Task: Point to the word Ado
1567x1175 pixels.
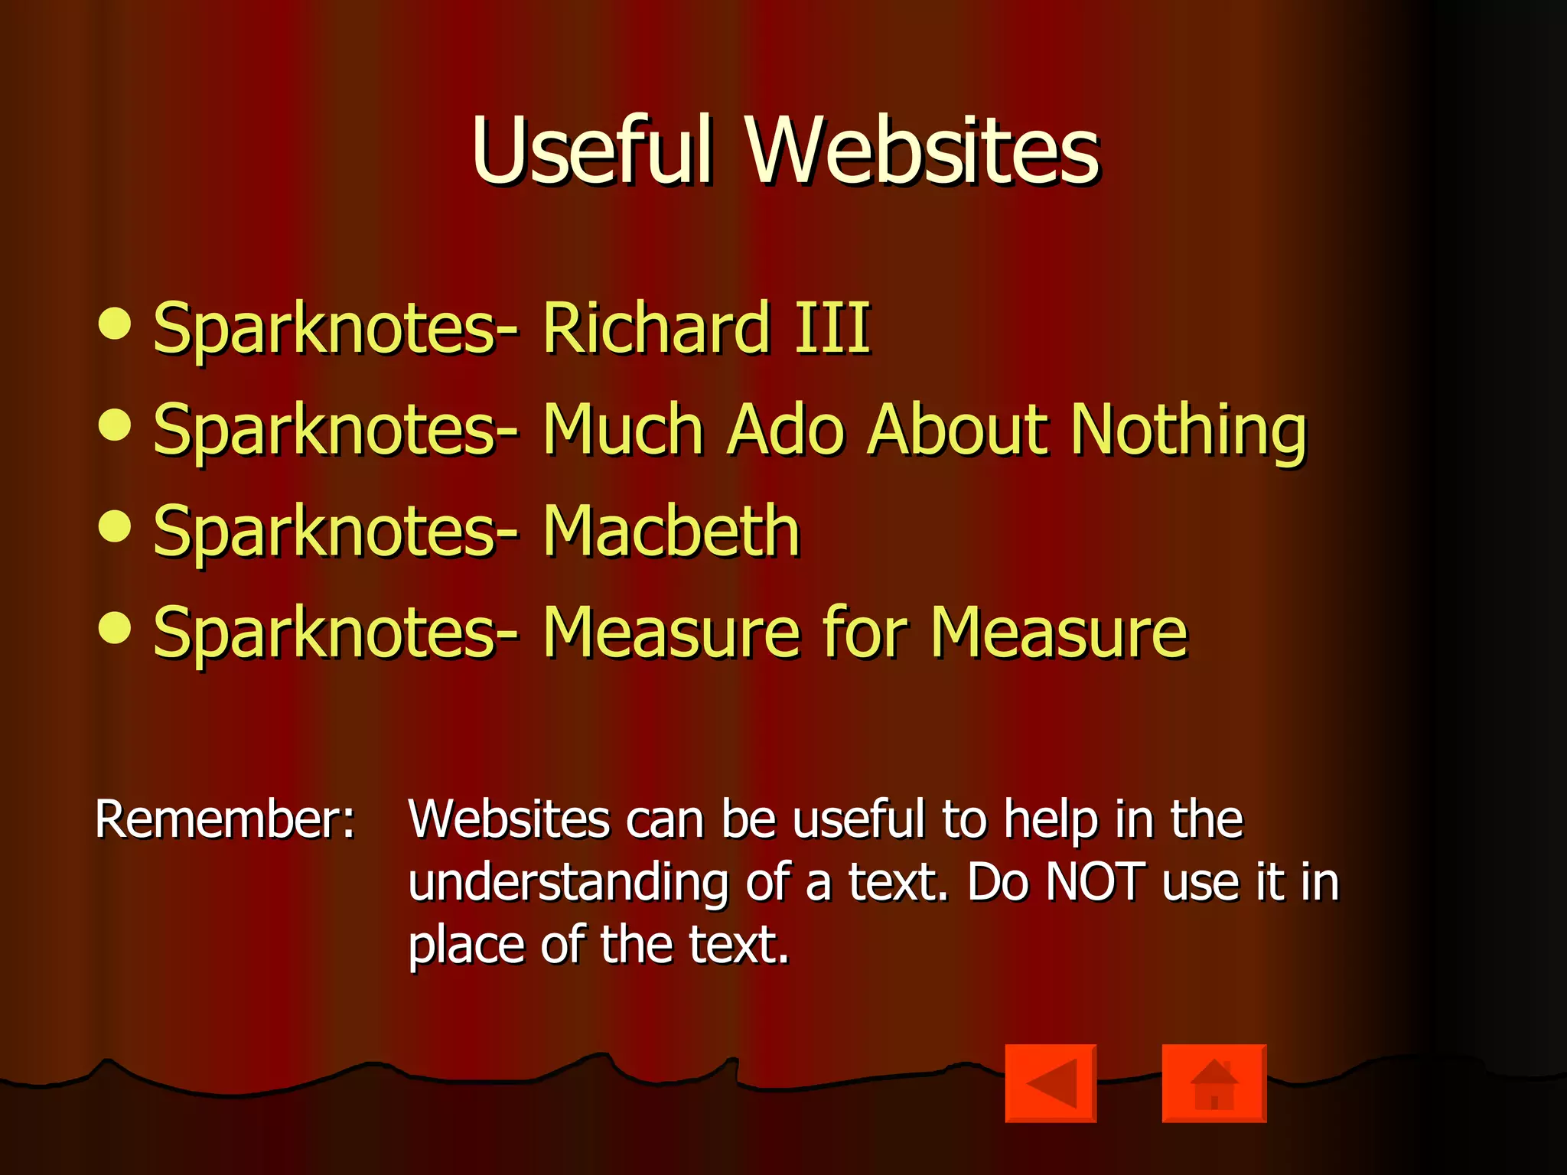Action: [x=786, y=430]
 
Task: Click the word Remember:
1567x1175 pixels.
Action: [x=225, y=819]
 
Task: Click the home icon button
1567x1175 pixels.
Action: [x=1214, y=1083]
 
